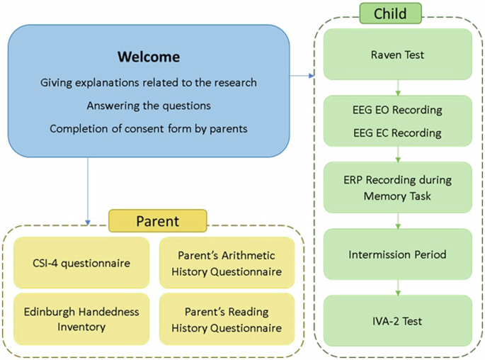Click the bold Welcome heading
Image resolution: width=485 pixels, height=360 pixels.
coord(149,57)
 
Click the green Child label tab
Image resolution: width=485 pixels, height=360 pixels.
coord(391,13)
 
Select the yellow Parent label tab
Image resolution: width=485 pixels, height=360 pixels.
coord(157,221)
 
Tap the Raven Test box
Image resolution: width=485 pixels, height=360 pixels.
coord(397,55)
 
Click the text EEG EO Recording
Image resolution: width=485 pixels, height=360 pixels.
coord(397,110)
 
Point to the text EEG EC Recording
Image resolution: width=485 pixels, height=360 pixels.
coord(397,133)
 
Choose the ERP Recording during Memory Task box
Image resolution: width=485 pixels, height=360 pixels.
coord(397,187)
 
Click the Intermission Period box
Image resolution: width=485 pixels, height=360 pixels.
coord(397,254)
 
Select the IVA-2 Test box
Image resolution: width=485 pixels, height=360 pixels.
coord(397,320)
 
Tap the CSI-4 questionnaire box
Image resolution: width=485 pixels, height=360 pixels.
coord(82,263)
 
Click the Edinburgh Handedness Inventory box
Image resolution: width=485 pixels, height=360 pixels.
coord(82,319)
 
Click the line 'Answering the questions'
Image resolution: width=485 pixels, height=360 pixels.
coord(149,106)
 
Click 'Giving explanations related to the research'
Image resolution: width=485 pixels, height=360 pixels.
coord(149,83)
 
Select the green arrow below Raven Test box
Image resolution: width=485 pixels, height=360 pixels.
coord(398,88)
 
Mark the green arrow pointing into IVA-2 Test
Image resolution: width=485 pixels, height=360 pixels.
coord(398,287)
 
